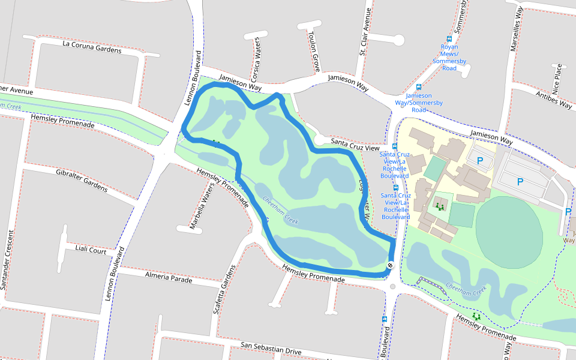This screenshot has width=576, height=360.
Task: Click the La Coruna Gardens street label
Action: click(x=92, y=47)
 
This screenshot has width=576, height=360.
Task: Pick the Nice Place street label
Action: click(x=558, y=76)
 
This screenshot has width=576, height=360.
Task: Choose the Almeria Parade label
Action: click(x=169, y=277)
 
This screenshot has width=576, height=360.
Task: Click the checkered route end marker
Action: click(x=390, y=266)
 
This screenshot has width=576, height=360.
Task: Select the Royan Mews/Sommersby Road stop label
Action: click(x=449, y=57)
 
